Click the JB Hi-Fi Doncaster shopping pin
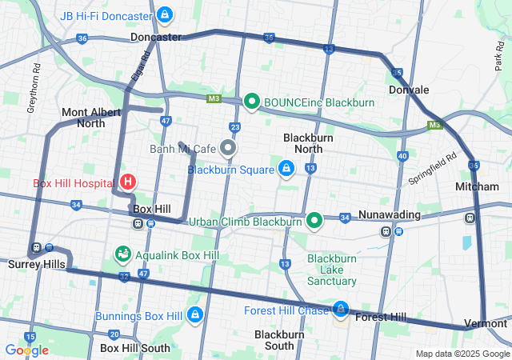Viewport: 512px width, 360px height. click(x=164, y=14)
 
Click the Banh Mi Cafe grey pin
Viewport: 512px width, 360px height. click(x=229, y=148)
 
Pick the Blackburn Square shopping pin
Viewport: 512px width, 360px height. click(x=286, y=169)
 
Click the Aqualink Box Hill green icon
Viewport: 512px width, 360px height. click(x=122, y=254)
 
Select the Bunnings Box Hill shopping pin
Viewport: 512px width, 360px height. click(x=193, y=315)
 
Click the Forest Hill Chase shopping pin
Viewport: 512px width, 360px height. click(x=341, y=309)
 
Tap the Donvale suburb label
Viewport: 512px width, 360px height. click(x=409, y=90)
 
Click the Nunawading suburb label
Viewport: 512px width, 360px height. click(x=389, y=215)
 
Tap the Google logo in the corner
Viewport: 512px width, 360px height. click(x=26, y=350)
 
